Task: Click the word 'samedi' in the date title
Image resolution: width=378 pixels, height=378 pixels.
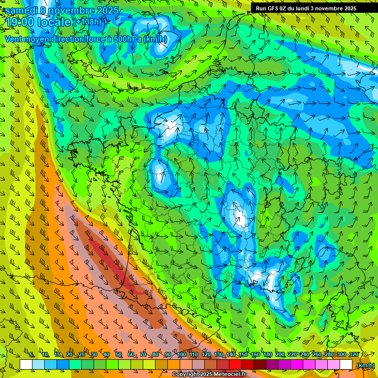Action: [21, 10]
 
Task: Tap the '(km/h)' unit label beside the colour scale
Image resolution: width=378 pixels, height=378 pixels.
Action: [365, 365]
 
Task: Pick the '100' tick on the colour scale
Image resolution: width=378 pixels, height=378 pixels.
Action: [181, 354]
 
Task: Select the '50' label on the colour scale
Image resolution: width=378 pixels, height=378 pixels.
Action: [119, 354]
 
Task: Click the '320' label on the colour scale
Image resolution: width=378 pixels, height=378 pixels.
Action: [353, 354]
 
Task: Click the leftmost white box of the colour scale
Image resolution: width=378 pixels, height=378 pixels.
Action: [26, 365]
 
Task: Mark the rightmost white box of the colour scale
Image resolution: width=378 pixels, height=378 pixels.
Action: [346, 365]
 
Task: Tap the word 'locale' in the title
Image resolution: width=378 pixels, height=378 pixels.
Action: [55, 22]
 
